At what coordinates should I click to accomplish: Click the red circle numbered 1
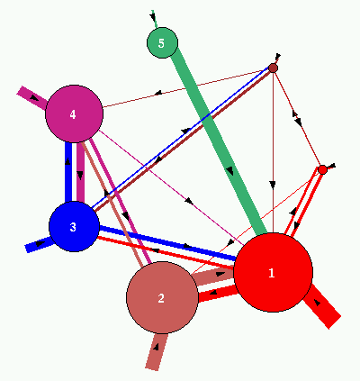[273, 272]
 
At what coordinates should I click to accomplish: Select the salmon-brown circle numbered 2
[162, 297]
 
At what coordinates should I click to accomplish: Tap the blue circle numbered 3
[74, 226]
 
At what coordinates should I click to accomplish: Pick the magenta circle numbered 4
[74, 113]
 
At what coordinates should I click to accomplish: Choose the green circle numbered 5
[162, 43]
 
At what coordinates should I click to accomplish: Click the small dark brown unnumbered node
[273, 68]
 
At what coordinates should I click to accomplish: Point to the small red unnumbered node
[322, 170]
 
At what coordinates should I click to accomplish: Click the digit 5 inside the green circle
[161, 43]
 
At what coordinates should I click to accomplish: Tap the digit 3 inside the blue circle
[73, 227]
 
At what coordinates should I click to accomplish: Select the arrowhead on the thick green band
[230, 170]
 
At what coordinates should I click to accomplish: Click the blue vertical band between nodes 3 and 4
[68, 172]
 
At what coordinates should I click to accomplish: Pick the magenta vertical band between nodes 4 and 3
[80, 172]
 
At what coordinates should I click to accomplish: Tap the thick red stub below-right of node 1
[322, 306]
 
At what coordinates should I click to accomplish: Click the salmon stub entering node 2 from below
[157, 351]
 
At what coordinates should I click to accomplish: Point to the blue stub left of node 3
[39, 244]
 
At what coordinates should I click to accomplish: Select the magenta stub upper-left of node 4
[32, 98]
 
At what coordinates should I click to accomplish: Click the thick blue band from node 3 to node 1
[167, 242]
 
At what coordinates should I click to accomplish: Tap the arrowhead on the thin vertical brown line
[273, 185]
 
